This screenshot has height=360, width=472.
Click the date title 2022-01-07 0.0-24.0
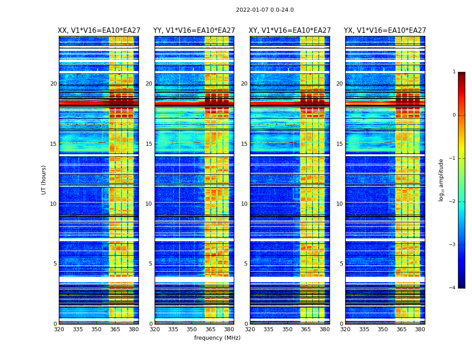(x=265, y=10)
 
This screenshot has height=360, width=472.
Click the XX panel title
(x=99, y=31)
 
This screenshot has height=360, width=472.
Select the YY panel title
(x=194, y=31)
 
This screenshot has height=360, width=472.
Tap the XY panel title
(x=290, y=31)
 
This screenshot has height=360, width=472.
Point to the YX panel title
(x=385, y=31)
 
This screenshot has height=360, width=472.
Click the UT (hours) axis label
(x=44, y=180)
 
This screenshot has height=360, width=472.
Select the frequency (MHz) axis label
(x=217, y=338)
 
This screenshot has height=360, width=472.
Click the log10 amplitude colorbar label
(x=441, y=180)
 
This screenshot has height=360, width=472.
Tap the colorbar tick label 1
(x=454, y=72)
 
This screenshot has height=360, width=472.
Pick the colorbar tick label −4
(x=453, y=288)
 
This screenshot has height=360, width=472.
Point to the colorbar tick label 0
(x=454, y=115)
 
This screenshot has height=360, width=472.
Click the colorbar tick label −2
(x=453, y=202)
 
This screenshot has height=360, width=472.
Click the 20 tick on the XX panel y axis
(x=53, y=84)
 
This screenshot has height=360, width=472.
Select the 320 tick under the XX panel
(x=59, y=329)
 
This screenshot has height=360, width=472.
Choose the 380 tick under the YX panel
(x=420, y=329)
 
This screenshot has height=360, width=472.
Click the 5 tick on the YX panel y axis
(x=341, y=264)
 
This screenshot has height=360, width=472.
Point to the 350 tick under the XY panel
(x=287, y=329)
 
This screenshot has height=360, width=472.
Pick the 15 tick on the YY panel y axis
(x=149, y=144)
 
